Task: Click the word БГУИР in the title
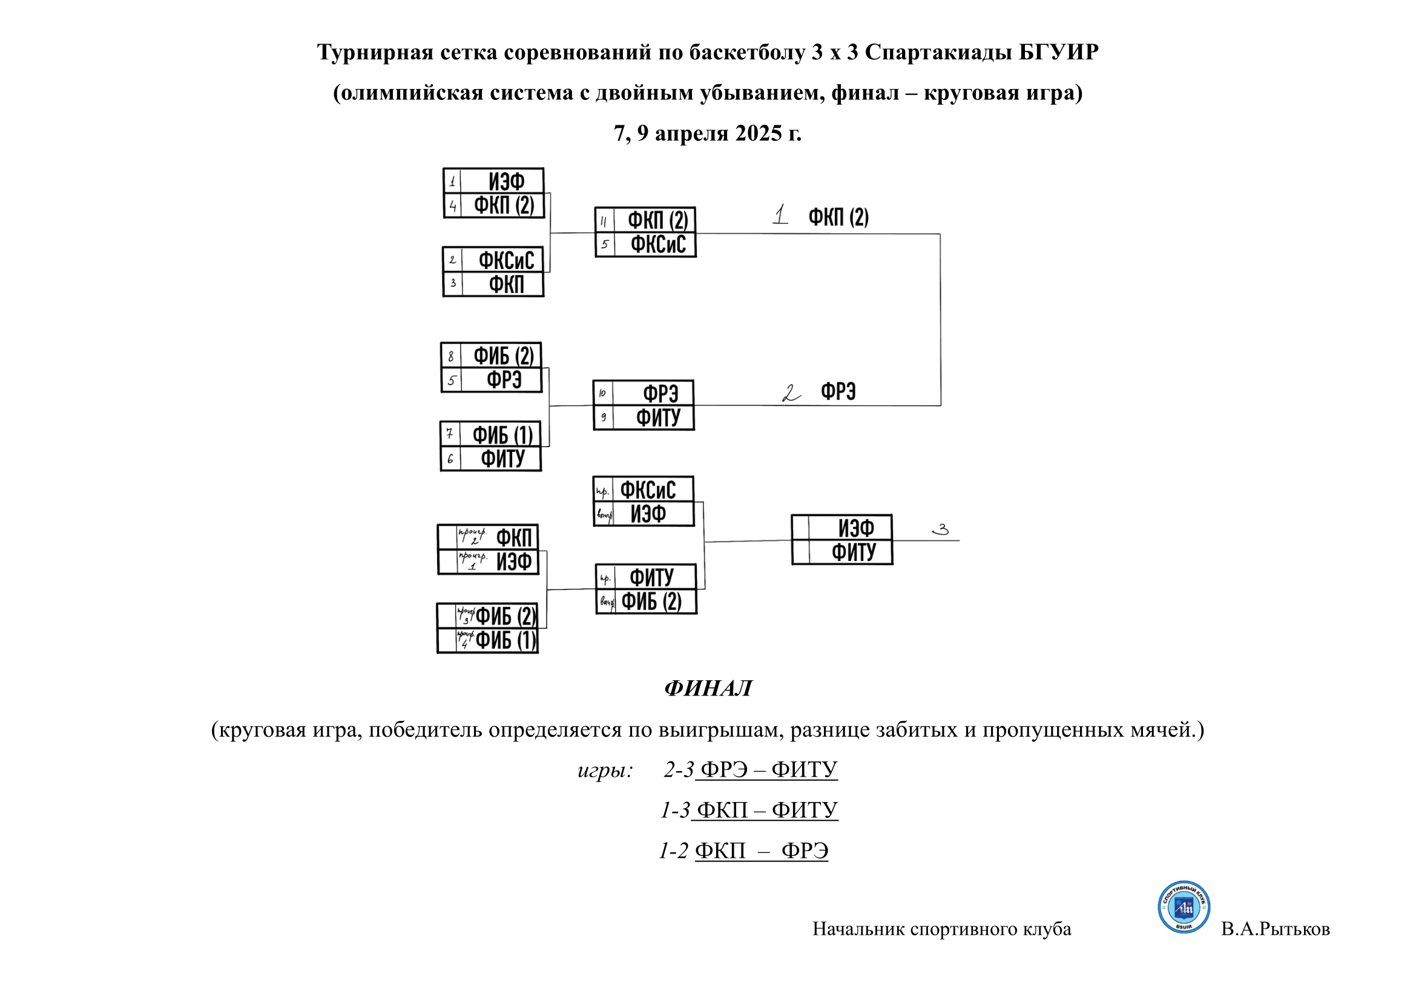[1058, 53]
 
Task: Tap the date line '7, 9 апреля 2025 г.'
[707, 133]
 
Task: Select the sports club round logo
[1184, 907]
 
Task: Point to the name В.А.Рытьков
[1275, 929]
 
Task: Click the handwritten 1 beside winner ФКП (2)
[781, 214]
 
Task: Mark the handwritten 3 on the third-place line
[941, 529]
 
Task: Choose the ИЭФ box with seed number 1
[493, 181]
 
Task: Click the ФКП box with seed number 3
[493, 285]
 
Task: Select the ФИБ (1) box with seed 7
[491, 434]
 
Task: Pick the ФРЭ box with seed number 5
[492, 380]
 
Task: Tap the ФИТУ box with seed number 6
[491, 459]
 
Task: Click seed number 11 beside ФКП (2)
[604, 221]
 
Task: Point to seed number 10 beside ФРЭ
[602, 393]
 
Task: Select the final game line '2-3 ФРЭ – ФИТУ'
[750, 769]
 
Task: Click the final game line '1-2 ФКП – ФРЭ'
[743, 851]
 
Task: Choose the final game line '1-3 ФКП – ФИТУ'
[749, 810]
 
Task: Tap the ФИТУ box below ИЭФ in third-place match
[843, 552]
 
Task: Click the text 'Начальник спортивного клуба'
[941, 929]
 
